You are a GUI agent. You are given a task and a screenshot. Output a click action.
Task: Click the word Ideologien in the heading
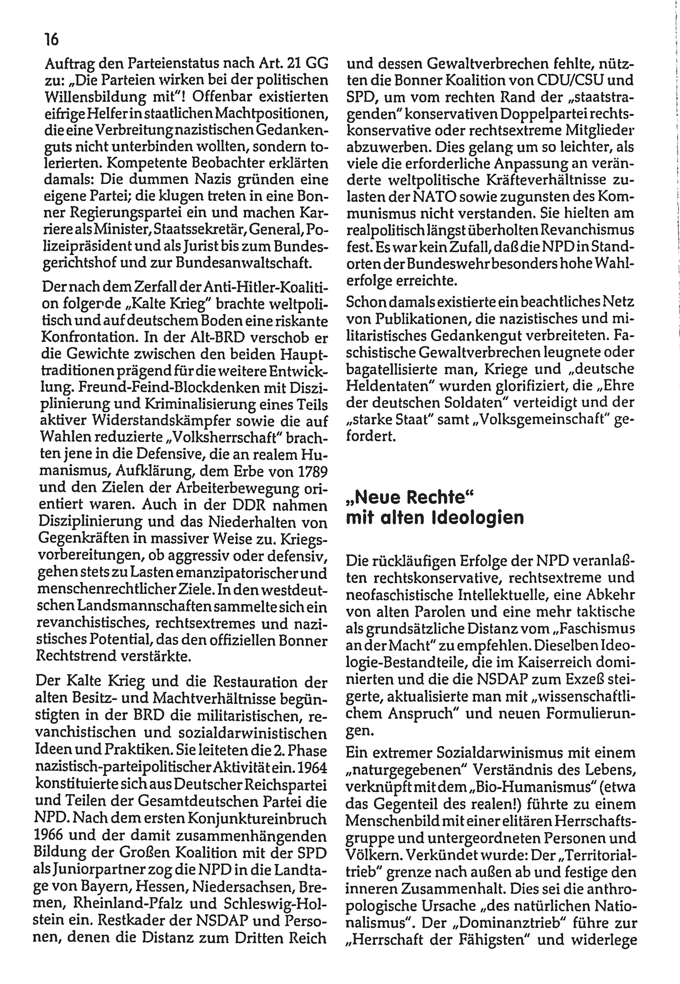478,518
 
